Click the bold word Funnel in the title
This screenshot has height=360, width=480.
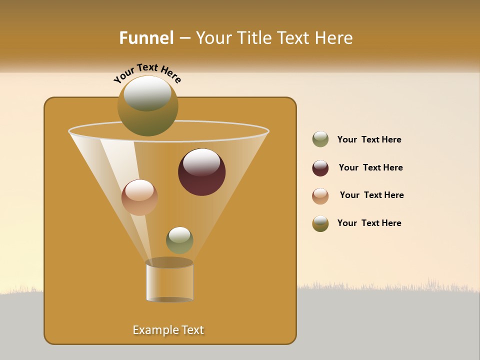coord(146,38)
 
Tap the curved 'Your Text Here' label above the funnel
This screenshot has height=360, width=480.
coord(147,73)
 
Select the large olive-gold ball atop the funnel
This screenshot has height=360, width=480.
coord(148,106)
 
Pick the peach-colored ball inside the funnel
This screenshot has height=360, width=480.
coord(139,197)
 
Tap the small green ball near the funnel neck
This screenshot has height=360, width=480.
coord(179,240)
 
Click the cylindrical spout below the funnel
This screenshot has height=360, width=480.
coord(170,281)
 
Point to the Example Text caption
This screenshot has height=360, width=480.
coord(168,330)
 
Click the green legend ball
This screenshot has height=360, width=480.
coord(320,139)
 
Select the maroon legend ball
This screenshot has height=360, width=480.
coord(320,168)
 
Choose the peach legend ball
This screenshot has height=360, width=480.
coord(320,195)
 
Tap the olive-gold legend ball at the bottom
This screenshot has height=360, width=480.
coord(320,223)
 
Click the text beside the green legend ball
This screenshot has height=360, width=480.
coord(369,140)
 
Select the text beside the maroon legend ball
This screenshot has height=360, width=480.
coord(370,168)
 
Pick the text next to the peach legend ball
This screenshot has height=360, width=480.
coord(371,195)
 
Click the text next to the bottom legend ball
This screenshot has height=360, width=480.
coord(369,223)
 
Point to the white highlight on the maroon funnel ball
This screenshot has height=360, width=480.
coord(202,162)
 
